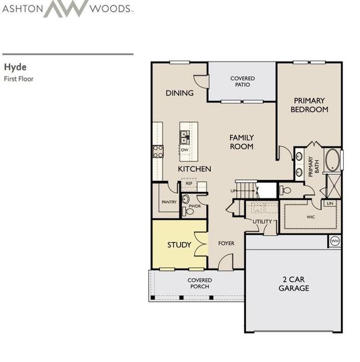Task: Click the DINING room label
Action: pyautogui.click(x=179, y=93)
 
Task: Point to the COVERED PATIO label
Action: pyautogui.click(x=242, y=81)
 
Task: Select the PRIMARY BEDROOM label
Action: pyautogui.click(x=309, y=105)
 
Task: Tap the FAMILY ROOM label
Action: pyautogui.click(x=242, y=142)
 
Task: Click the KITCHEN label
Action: pyautogui.click(x=194, y=169)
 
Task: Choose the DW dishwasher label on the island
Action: pyautogui.click(x=185, y=150)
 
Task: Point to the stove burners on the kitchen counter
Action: pyautogui.click(x=158, y=151)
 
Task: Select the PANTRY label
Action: pyautogui.click(x=169, y=202)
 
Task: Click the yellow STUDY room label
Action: pyautogui.click(x=179, y=245)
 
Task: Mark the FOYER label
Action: pyautogui.click(x=226, y=244)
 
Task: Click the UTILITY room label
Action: pyautogui.click(x=262, y=222)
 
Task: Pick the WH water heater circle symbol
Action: pyautogui.click(x=335, y=241)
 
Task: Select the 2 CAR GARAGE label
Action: pyautogui.click(x=294, y=284)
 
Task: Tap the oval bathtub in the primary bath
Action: pyautogui.click(x=333, y=160)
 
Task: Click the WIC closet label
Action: pyautogui.click(x=311, y=216)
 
